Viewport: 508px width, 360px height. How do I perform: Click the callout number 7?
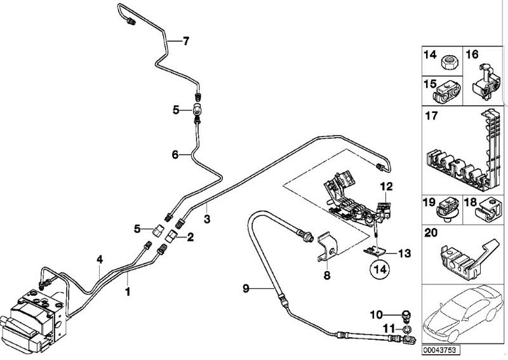(185, 42)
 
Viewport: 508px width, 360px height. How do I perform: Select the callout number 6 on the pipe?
(175, 154)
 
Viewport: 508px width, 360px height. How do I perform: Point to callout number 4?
(99, 258)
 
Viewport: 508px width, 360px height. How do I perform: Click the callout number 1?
(128, 293)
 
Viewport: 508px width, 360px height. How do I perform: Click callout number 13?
(404, 253)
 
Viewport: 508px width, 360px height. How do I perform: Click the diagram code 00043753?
(440, 350)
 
